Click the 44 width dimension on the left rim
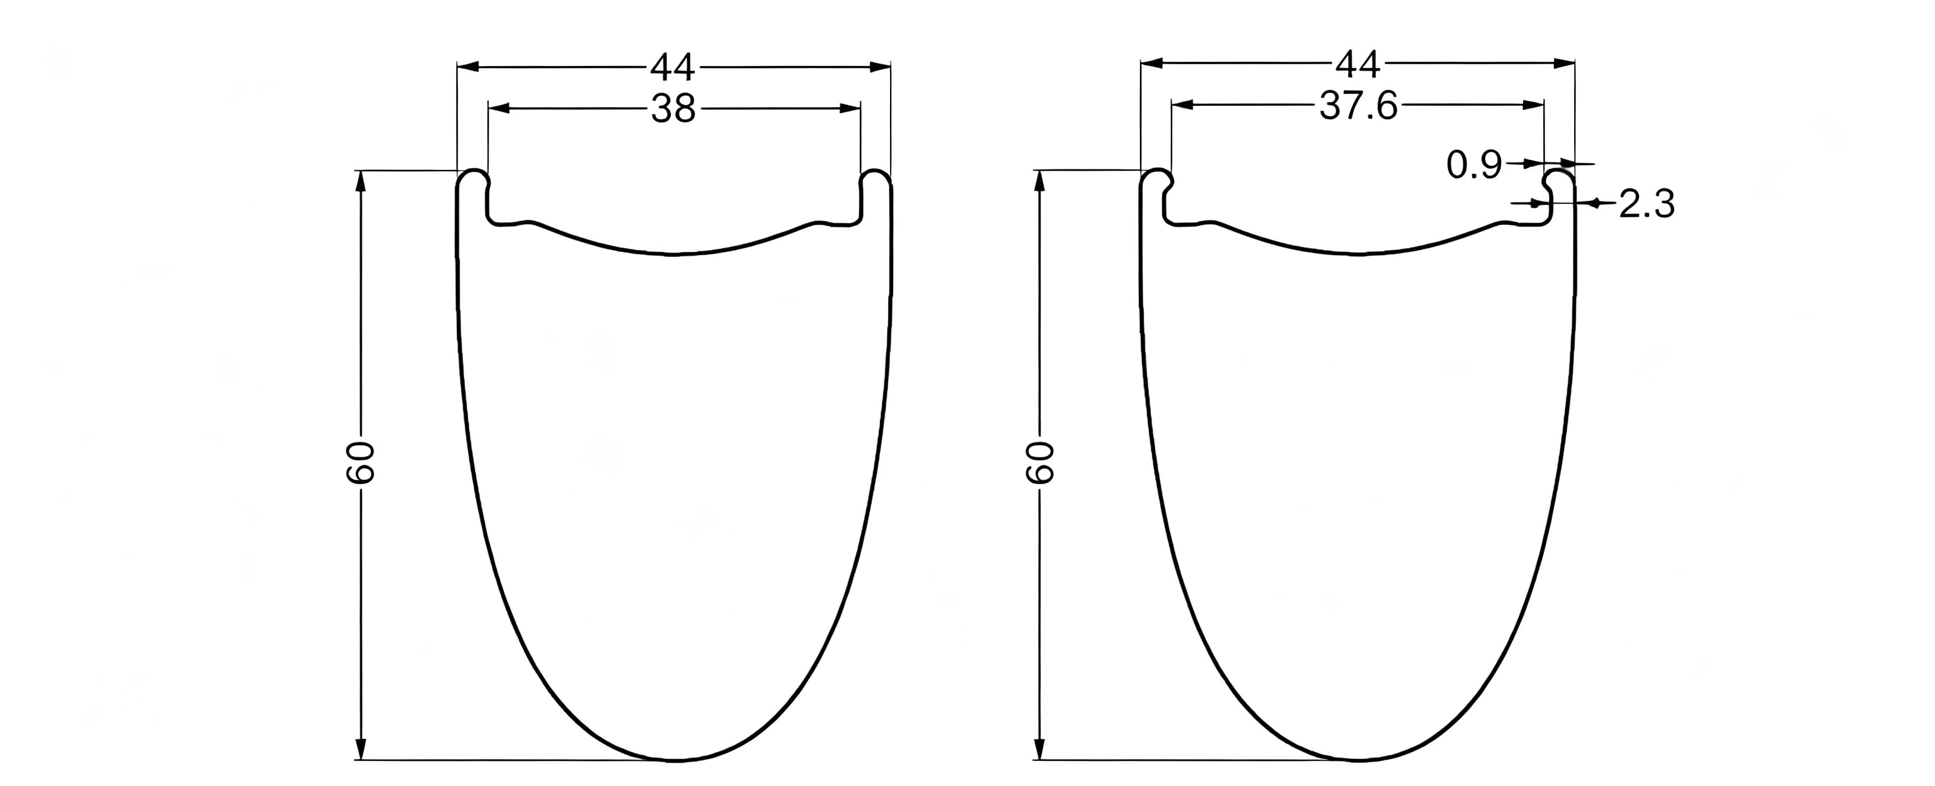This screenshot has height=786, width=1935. point(673,67)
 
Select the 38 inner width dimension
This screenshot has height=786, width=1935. point(673,110)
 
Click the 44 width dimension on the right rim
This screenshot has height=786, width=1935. point(1357,65)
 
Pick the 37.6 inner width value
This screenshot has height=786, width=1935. point(1358,106)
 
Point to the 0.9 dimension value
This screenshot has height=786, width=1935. point(1474,165)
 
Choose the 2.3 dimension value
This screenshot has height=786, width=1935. point(1647,205)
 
